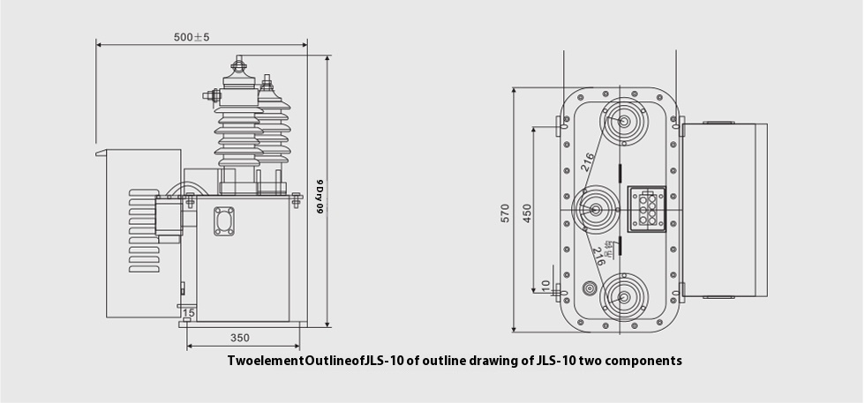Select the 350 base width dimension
[x=239, y=338]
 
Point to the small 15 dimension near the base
[x=188, y=313]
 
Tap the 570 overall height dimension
[x=506, y=212]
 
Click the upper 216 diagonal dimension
[x=589, y=160]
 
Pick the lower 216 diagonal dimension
[x=599, y=257]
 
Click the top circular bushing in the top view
[x=622, y=123]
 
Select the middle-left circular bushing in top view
[x=594, y=210]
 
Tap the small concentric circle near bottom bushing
[x=591, y=289]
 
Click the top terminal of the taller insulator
[x=236, y=66]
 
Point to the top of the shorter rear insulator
[x=267, y=82]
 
